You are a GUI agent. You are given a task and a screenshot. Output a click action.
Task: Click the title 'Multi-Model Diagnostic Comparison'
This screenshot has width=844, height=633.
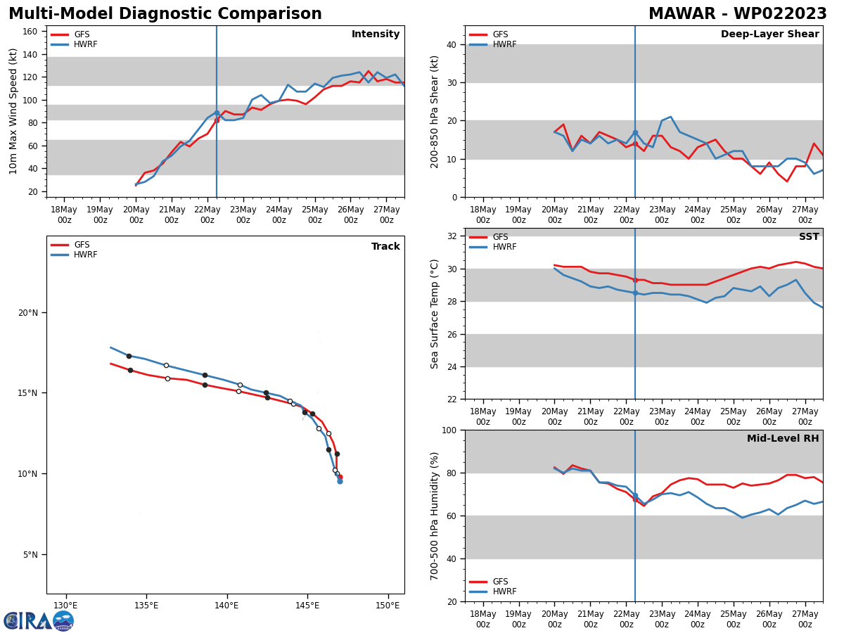pyautogui.click(x=165, y=14)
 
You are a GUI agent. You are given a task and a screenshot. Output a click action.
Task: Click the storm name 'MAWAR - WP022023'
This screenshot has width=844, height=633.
pyautogui.click(x=737, y=14)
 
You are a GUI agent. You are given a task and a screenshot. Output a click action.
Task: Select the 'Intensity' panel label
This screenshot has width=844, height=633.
pyautogui.click(x=376, y=34)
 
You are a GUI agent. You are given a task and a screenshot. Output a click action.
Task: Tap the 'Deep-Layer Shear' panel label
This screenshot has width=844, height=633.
pyautogui.click(x=769, y=34)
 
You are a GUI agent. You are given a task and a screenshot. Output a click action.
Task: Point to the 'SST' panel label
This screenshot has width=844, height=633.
pyautogui.click(x=809, y=237)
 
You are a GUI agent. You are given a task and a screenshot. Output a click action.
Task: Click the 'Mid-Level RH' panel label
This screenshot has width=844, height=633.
pyautogui.click(x=783, y=439)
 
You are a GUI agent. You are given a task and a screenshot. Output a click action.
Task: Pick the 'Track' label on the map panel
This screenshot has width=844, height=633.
pyautogui.click(x=385, y=247)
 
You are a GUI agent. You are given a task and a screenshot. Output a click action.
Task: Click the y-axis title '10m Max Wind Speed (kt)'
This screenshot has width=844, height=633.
pyautogui.click(x=13, y=111)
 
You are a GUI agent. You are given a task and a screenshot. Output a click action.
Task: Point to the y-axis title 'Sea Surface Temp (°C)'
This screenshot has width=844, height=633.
pyautogui.click(x=435, y=314)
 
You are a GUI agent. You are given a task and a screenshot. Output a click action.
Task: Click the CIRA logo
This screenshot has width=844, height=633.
pyautogui.click(x=38, y=621)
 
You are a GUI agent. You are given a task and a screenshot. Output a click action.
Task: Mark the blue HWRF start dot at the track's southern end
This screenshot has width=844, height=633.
pyautogui.click(x=340, y=481)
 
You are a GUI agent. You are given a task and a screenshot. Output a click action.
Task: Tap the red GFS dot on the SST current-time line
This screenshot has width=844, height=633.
pyautogui.click(x=635, y=280)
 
